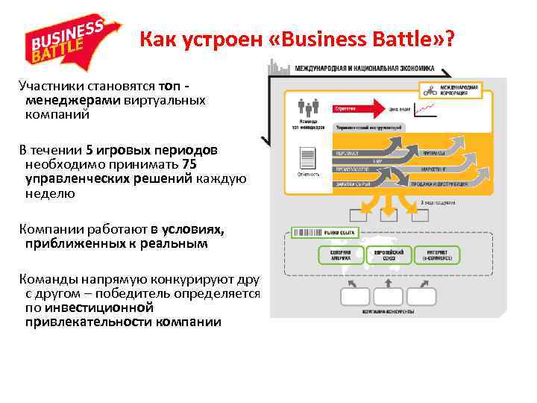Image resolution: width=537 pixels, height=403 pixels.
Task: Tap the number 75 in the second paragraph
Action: [189, 164]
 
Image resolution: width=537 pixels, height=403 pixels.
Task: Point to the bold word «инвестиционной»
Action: [89, 307]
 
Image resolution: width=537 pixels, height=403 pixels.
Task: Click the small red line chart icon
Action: [426, 110]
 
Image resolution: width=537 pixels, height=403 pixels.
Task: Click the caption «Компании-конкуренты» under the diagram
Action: [388, 310]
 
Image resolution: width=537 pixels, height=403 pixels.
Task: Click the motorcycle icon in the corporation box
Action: [429, 92]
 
